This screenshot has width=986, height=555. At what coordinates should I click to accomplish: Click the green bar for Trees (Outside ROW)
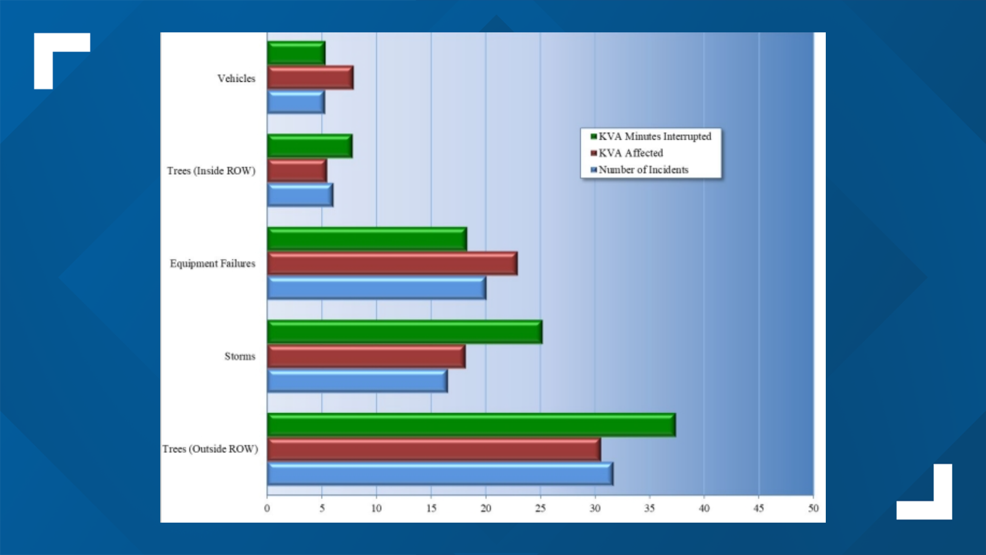471,425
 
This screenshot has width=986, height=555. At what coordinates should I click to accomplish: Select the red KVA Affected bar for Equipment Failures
392,264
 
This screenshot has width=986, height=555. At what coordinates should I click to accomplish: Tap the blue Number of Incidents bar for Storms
357,381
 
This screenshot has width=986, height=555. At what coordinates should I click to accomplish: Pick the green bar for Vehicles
296,53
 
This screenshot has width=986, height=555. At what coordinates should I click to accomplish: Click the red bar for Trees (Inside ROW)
296,171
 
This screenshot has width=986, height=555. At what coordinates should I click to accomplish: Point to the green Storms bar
404,332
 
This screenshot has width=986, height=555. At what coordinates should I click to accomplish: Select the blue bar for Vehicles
295,102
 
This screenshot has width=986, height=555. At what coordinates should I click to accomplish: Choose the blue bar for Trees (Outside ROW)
440,474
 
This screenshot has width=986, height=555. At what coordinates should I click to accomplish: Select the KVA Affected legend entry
630,153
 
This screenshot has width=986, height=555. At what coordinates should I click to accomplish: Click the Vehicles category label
236,79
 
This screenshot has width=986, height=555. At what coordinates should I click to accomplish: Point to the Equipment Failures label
212,264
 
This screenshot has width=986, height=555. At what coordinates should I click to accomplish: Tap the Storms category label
239,357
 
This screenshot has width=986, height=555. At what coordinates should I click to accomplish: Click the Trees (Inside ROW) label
211,171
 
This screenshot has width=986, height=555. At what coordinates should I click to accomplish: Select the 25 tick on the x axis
540,508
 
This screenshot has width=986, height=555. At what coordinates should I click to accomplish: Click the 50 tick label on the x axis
813,508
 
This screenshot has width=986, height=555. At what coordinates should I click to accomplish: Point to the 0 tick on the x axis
267,508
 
